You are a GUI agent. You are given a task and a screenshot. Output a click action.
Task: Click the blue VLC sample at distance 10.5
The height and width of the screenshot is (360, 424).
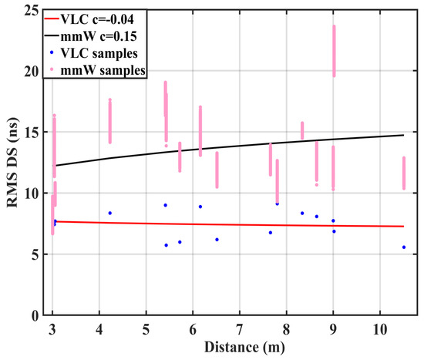pos(404,247)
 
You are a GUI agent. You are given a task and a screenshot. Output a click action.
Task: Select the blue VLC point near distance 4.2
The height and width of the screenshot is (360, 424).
pos(109,213)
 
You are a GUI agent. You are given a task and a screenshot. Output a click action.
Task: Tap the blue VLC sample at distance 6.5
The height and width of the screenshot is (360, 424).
pos(217,240)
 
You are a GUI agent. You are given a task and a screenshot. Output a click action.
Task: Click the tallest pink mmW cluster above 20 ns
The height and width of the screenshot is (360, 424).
pos(334,51)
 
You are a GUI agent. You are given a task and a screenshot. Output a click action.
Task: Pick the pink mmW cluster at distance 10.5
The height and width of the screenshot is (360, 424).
pos(403,173)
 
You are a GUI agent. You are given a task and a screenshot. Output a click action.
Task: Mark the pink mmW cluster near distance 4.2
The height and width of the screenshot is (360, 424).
pos(109,121)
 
